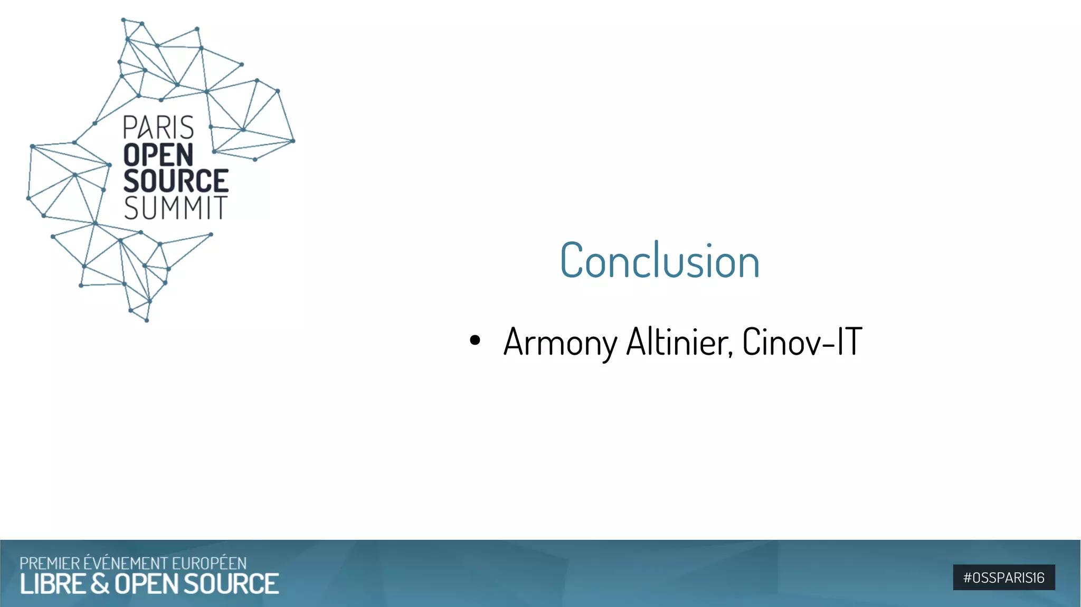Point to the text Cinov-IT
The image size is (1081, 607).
[x=802, y=342]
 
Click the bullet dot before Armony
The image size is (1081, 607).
[x=475, y=340]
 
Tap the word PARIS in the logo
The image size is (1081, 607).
[x=158, y=128]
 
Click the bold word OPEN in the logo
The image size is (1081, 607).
[x=158, y=155]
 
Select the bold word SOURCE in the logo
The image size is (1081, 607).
[x=176, y=181]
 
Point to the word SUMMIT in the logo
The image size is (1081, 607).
[x=176, y=208]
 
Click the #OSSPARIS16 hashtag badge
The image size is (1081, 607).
[x=1003, y=577]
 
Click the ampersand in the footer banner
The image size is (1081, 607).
[x=100, y=584]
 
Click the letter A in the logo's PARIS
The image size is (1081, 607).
[x=144, y=128]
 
